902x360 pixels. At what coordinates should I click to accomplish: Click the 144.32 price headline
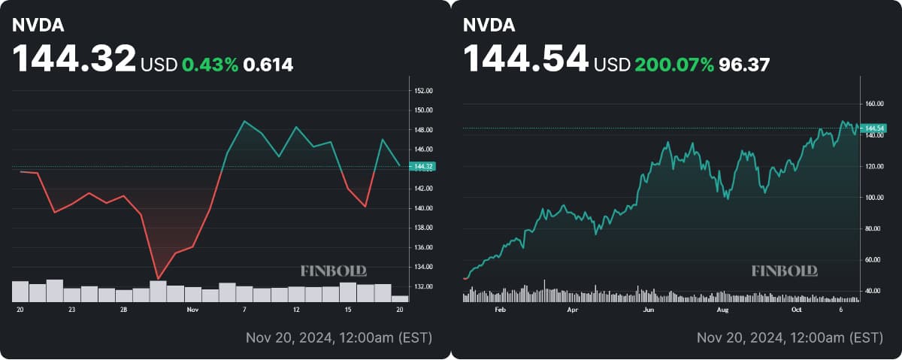74,59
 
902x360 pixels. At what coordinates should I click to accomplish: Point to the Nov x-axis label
192,310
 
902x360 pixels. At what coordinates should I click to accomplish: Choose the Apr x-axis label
573,310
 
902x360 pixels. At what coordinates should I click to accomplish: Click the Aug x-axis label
723,310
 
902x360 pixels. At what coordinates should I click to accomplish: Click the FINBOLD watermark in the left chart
334,271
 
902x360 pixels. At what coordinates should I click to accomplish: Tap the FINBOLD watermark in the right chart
785,271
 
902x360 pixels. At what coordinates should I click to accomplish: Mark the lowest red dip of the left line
157,278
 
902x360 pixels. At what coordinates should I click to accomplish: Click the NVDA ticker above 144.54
489,25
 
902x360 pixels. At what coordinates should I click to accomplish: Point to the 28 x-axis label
123,310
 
